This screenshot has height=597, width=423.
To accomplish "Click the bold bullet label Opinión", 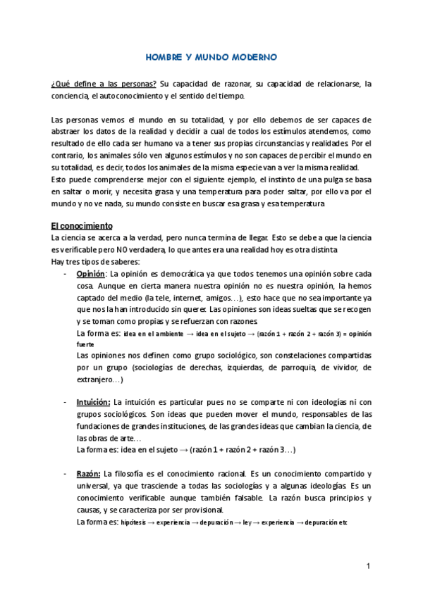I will [x=91, y=273].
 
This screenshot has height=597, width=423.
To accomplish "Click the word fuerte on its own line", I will [x=85, y=345].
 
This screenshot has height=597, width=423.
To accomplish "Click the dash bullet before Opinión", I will [x=65, y=273].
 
